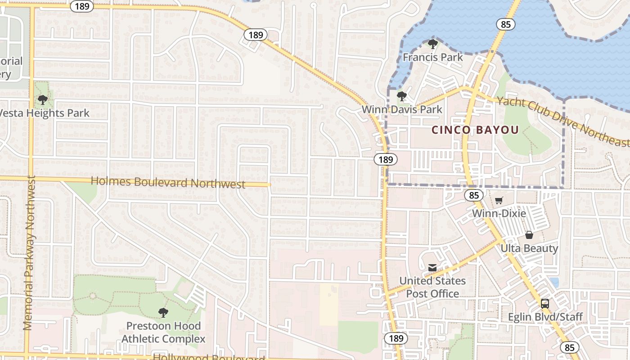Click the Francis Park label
pos(432,57)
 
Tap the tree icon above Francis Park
pos(432,44)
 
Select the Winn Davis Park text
pos(402,109)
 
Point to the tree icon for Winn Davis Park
pos(401,96)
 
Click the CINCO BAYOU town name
pos(475,130)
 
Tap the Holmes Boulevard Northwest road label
pos(168,182)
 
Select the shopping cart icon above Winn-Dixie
pos(499,200)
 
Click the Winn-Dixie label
pos(499,213)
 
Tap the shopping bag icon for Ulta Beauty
pos(529,235)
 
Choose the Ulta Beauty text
pos(529,248)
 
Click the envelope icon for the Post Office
pos(432,268)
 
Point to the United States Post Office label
pos(432,287)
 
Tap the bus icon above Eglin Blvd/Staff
pos(545,303)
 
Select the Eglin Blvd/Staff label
pos(545,317)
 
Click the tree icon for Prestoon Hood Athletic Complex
pos(163,312)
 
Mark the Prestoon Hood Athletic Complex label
pos(163,332)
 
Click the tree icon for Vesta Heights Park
pos(42,100)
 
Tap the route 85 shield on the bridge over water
pos(506,24)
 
